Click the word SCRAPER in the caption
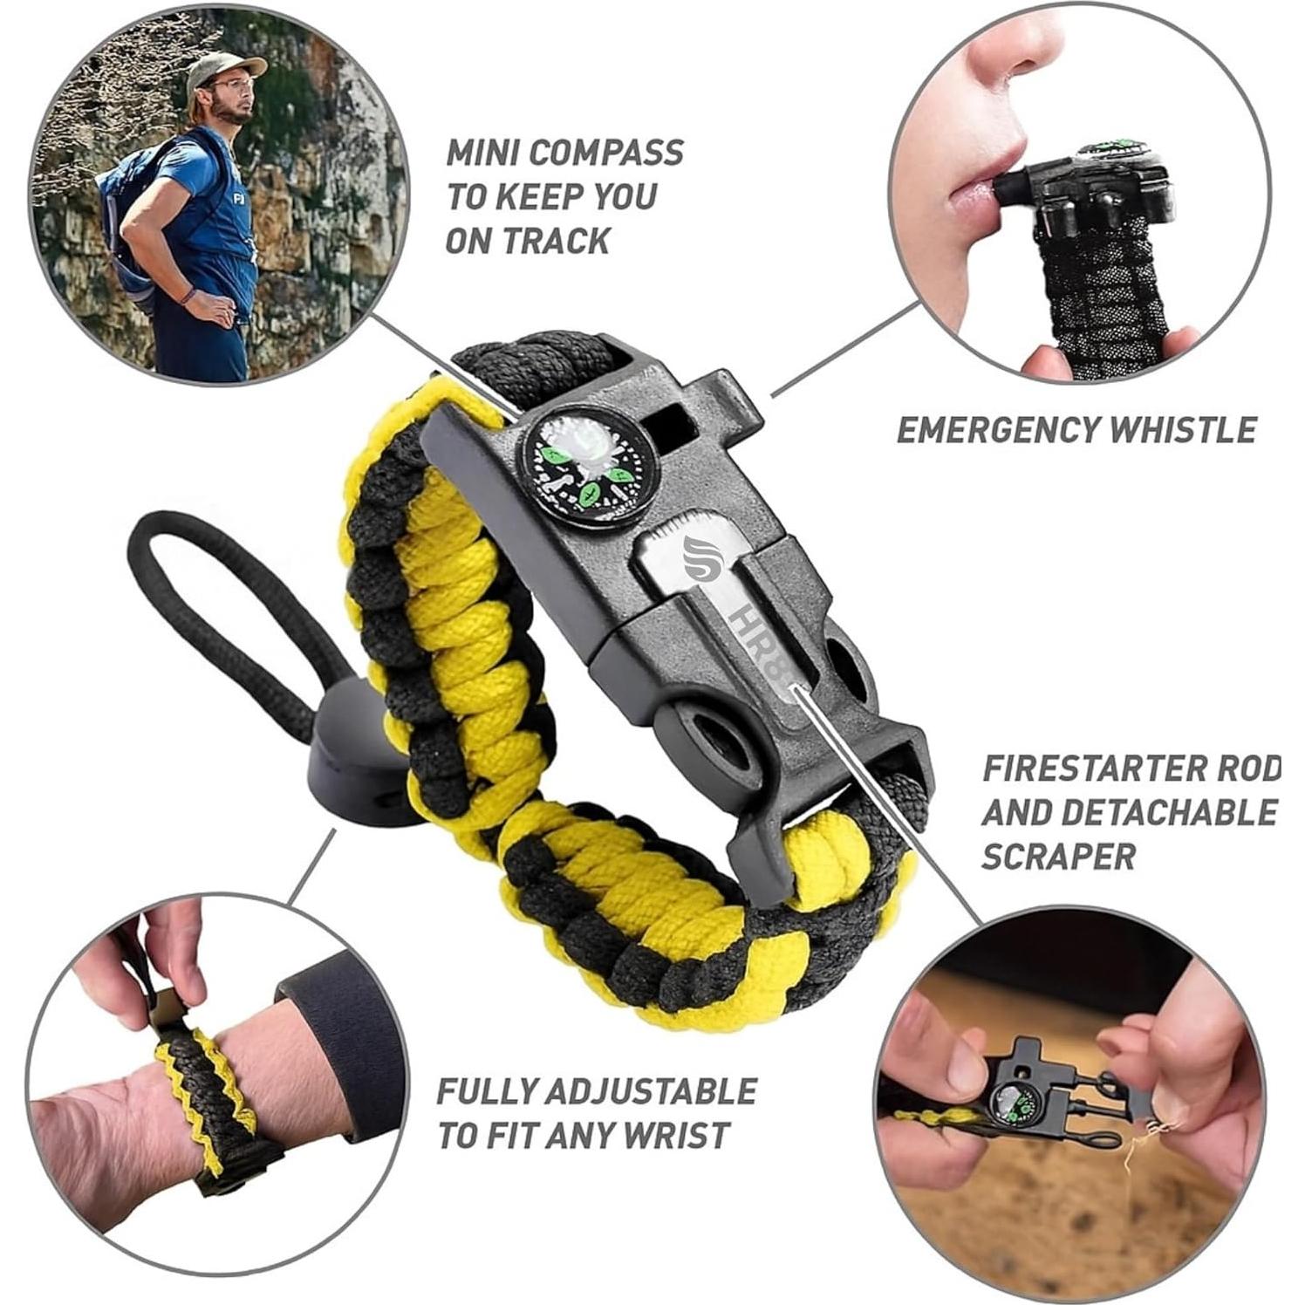tap(1057, 857)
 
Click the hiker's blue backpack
tap(135, 218)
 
